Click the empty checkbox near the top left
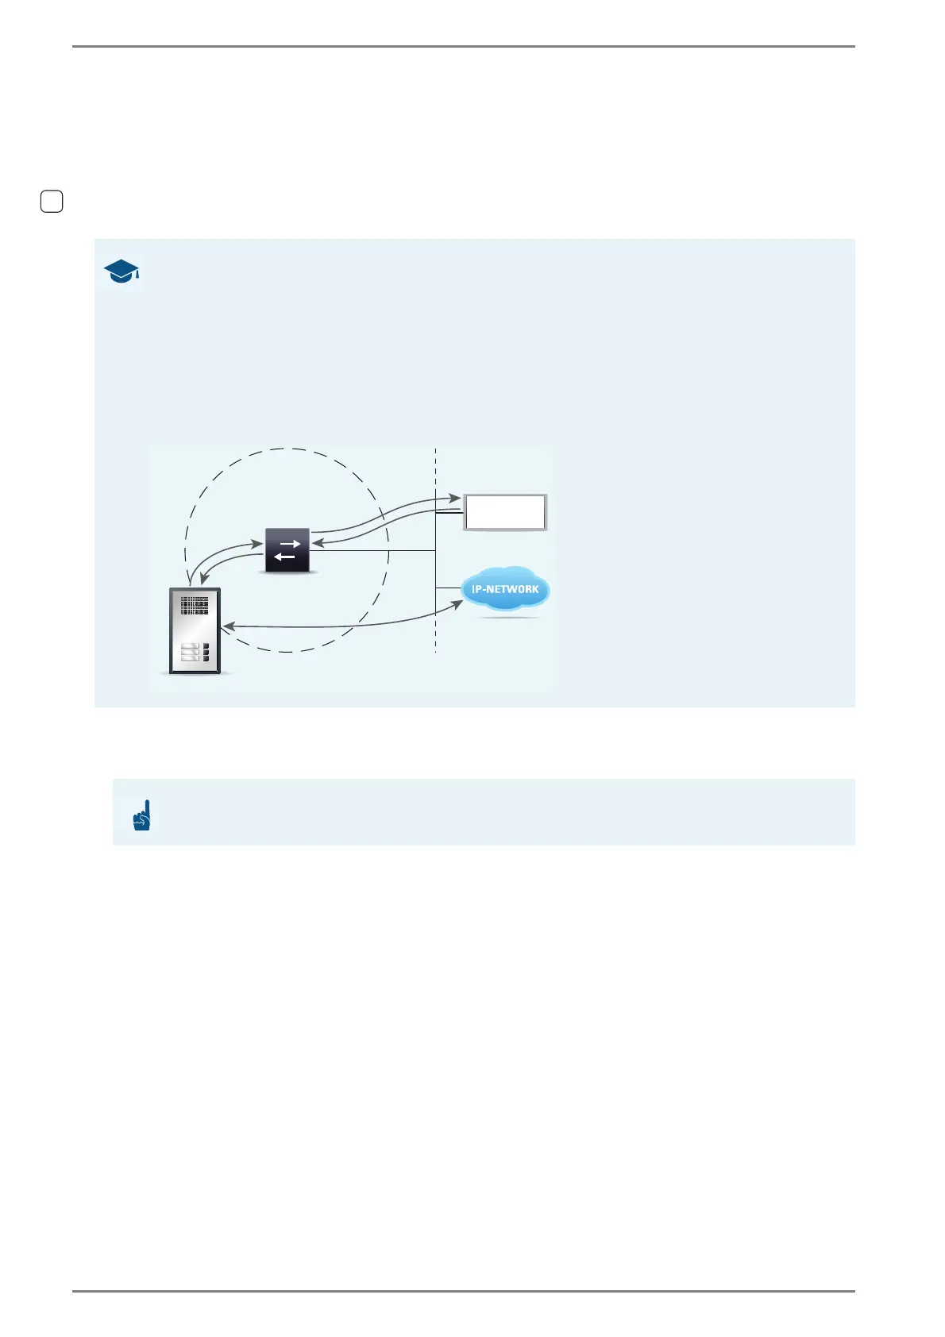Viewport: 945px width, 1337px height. [x=52, y=202]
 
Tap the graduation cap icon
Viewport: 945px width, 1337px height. [x=121, y=272]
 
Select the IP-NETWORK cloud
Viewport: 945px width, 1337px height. [x=506, y=589]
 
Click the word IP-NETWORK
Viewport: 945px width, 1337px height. [x=505, y=589]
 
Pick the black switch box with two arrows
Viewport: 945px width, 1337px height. [x=287, y=549]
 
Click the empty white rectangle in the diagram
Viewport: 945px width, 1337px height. [x=505, y=512]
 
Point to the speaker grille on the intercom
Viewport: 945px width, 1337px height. [x=195, y=607]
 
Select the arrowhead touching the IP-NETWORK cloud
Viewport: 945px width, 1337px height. [x=458, y=605]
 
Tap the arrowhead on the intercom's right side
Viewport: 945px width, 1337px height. [x=227, y=627]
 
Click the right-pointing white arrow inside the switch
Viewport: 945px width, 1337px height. [x=289, y=544]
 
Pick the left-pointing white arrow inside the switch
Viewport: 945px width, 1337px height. [x=284, y=557]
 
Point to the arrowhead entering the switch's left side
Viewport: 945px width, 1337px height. [x=257, y=545]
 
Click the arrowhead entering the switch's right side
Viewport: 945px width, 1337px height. [x=316, y=543]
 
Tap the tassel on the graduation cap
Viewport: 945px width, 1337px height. [x=137, y=275]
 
